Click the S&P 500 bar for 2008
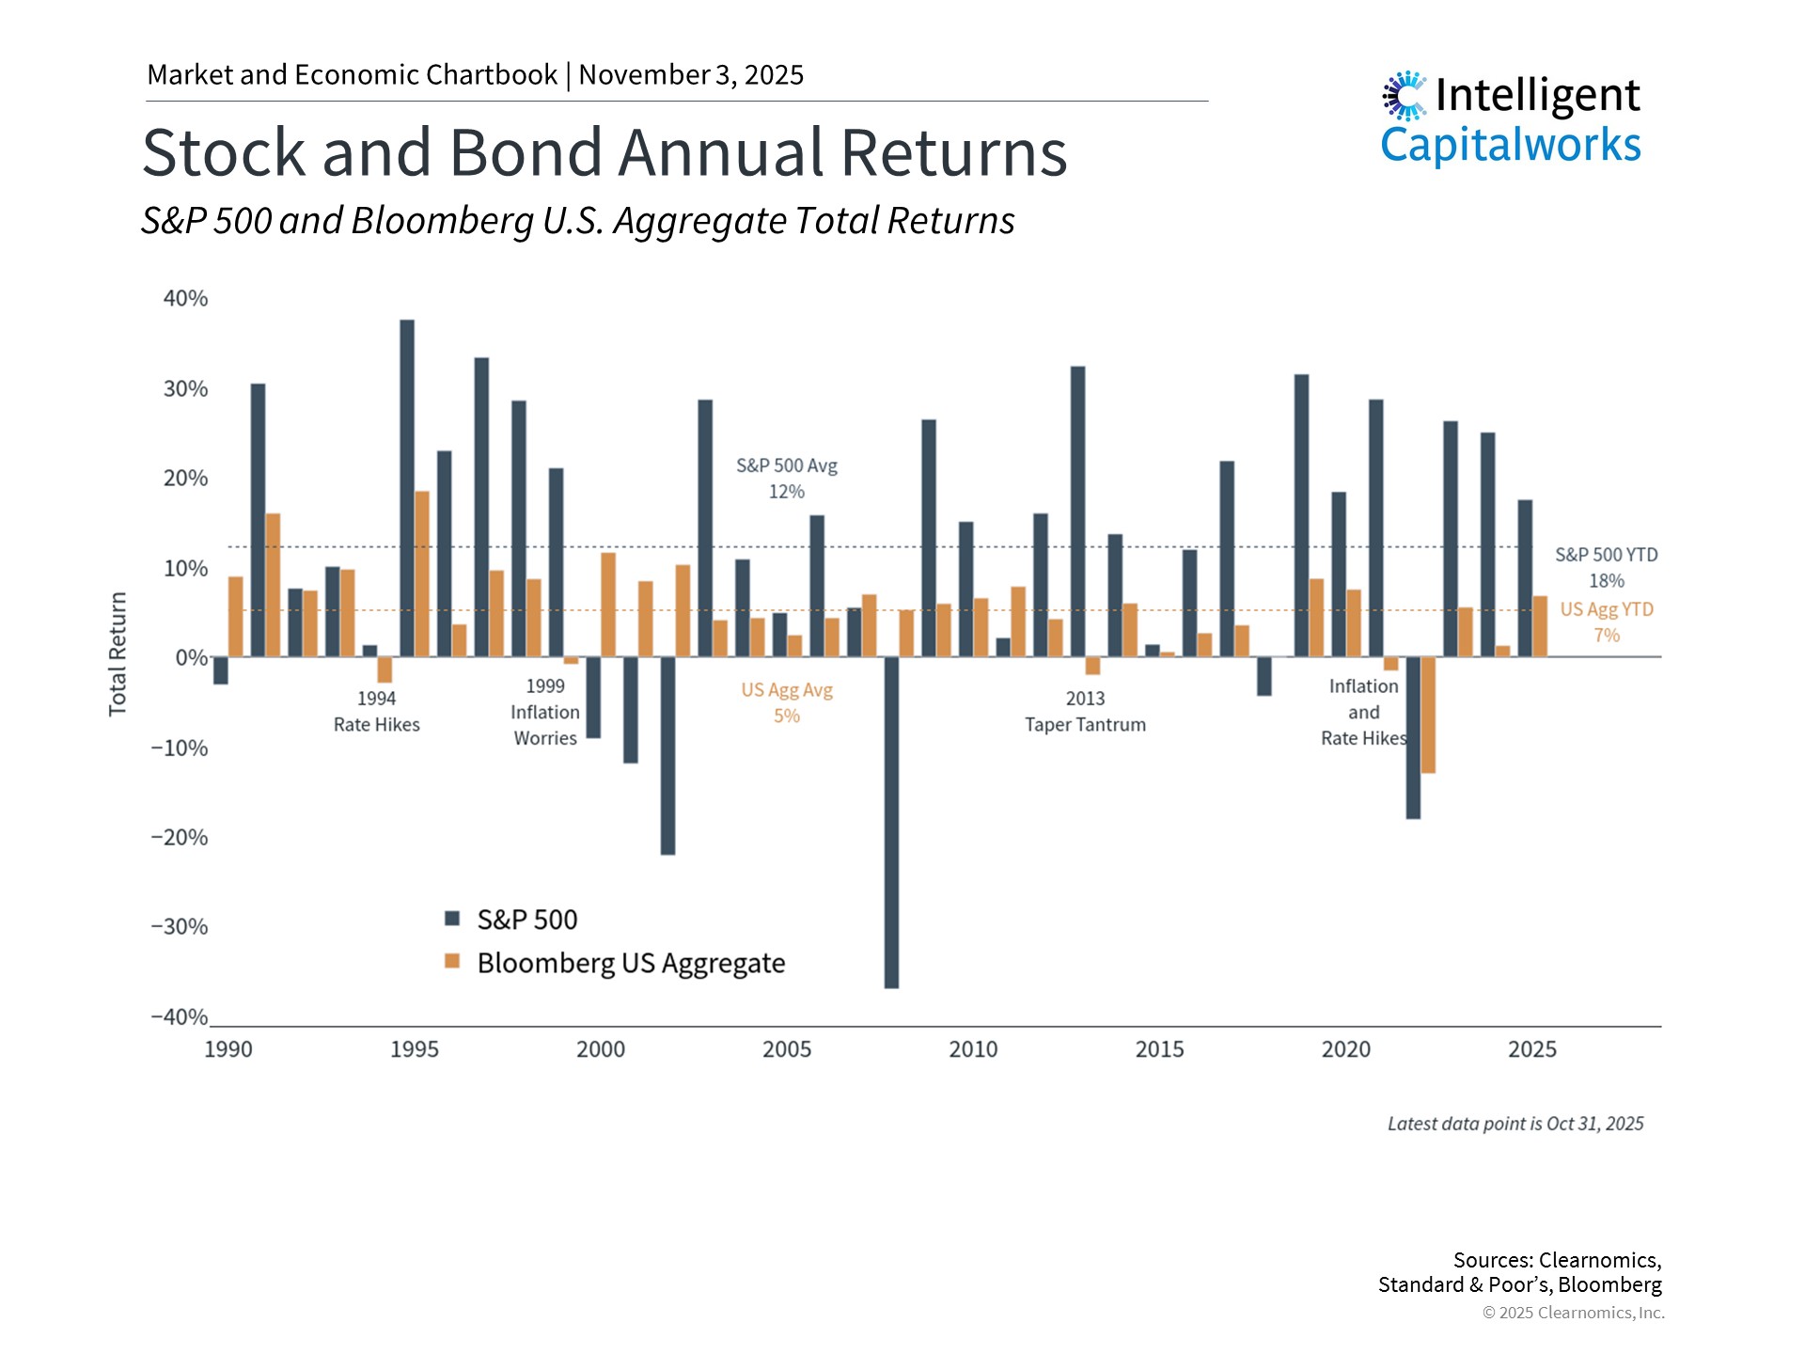tap(891, 822)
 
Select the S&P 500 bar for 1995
tap(407, 488)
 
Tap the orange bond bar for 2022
tap(1428, 715)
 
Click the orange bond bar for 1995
tap(422, 574)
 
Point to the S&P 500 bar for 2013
tap(1077, 512)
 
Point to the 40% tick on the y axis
tap(185, 299)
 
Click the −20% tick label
tap(180, 838)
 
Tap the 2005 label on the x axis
tap(787, 1049)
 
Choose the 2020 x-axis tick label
tap(1345, 1049)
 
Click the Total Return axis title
tap(118, 653)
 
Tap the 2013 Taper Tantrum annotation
tap(1085, 712)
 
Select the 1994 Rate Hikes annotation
tap(376, 712)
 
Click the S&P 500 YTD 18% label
tap(1606, 568)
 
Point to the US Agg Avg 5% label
tap(787, 702)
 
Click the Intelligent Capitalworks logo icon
tap(1405, 96)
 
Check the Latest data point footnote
tap(1515, 1124)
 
